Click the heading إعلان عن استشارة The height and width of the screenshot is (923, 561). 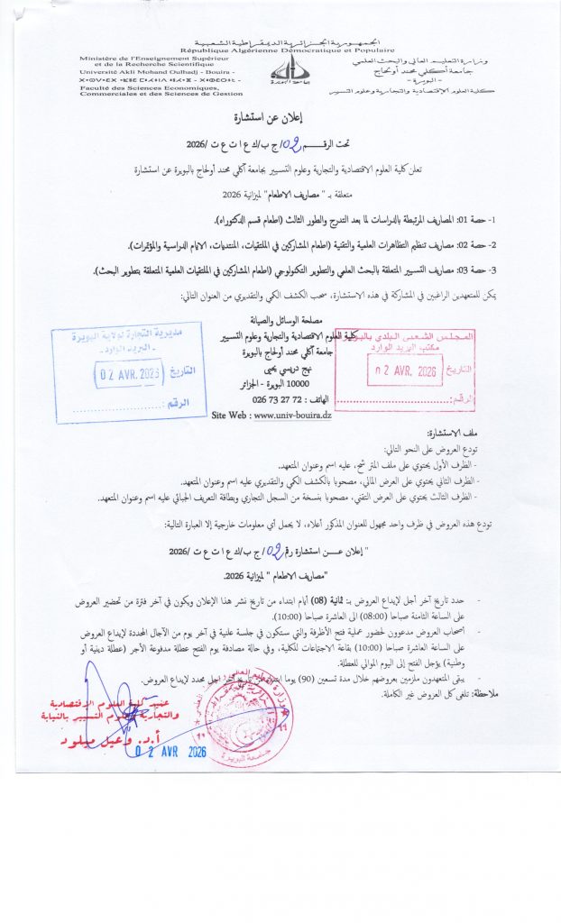[281, 118]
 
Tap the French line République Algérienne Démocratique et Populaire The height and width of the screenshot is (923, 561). [282, 50]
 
